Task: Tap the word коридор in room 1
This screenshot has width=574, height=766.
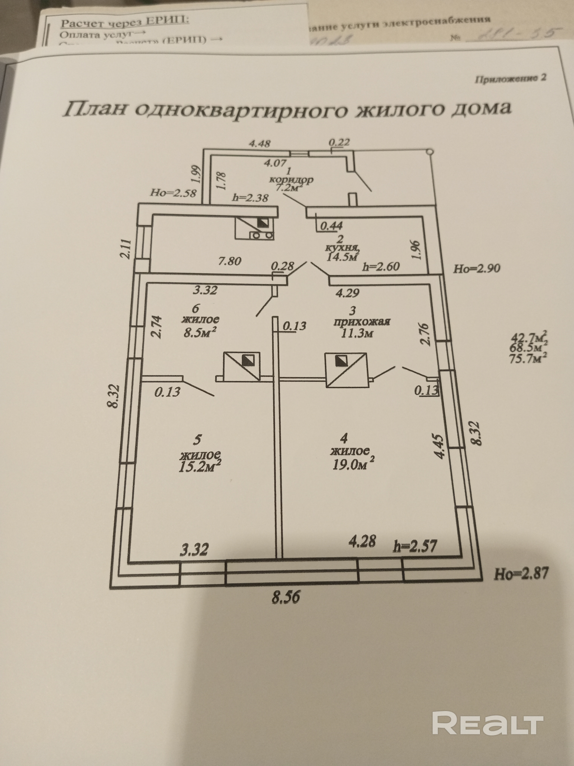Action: pyautogui.click(x=291, y=180)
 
